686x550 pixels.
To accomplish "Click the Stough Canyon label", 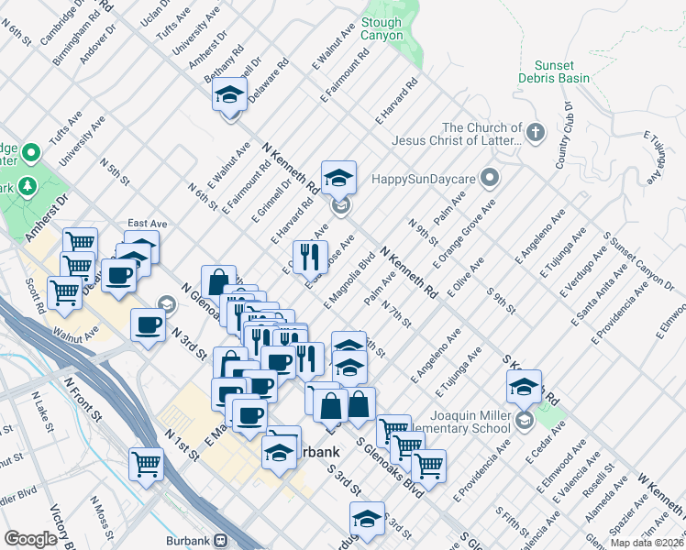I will [382, 29].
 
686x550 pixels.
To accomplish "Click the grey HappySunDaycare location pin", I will [491, 177].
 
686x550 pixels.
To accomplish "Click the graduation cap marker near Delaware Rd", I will [229, 95].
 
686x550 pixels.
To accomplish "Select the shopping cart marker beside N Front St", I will [146, 465].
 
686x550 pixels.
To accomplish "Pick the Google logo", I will [30, 539].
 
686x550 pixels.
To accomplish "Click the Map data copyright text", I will [646, 543].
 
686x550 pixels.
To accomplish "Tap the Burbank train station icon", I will [221, 540].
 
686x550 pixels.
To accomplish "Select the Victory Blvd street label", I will [68, 528].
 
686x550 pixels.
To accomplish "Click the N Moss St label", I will [102, 518].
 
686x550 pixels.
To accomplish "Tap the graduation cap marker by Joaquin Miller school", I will [524, 388].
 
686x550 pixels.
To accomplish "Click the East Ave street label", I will [147, 224].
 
